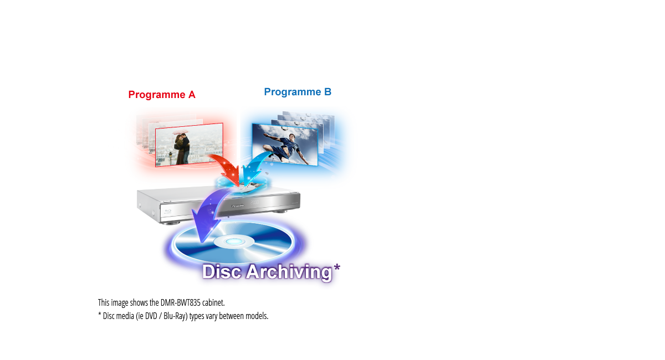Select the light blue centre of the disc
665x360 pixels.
pos(233,243)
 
